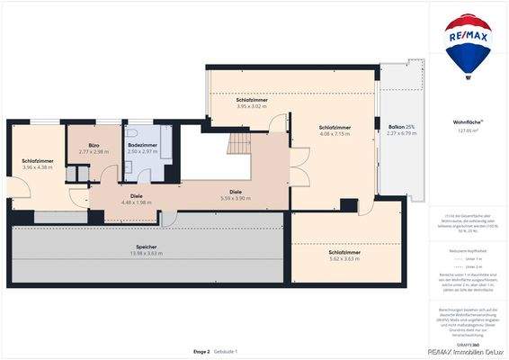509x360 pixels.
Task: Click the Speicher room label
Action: pyautogui.click(x=147, y=246)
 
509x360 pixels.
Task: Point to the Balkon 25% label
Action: pyautogui.click(x=401, y=127)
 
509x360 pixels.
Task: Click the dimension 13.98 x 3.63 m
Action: pyautogui.click(x=147, y=253)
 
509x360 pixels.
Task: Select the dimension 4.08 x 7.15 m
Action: pyautogui.click(x=335, y=135)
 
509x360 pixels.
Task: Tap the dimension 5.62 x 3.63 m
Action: pyautogui.click(x=345, y=259)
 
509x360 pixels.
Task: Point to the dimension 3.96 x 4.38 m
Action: pyautogui.click(x=38, y=167)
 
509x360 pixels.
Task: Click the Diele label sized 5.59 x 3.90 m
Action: pyautogui.click(x=236, y=191)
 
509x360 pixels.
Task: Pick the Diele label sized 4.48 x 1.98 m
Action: pyautogui.click(x=137, y=195)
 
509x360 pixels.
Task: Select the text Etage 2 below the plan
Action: pyautogui.click(x=201, y=351)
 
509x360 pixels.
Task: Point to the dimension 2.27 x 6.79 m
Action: pyautogui.click(x=401, y=134)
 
